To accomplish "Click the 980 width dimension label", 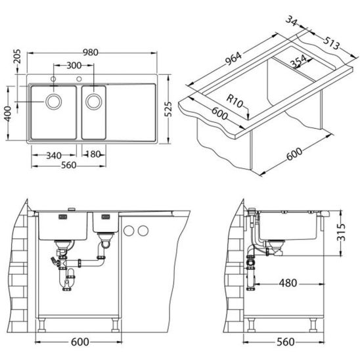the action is coord(91,53).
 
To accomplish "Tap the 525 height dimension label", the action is coord(168,109).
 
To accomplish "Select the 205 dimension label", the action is coord(17,56).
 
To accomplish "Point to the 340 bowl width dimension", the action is coord(54,156).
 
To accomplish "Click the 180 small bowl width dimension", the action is coord(94,154).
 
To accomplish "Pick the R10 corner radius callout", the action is coord(235,101).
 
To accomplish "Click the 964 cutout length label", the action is coord(233,58).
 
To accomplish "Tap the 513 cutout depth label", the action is coord(331,43).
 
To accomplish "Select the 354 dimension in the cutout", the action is coord(298,60).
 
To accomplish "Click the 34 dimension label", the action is coord(292,21).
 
